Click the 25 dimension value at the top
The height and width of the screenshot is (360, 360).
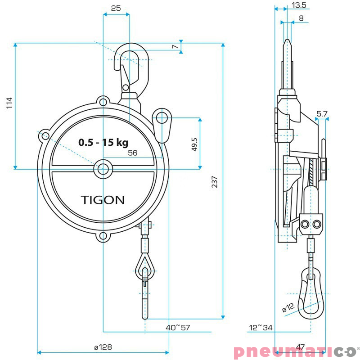[x=116, y=8]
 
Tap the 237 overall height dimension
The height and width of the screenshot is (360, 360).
[x=215, y=181]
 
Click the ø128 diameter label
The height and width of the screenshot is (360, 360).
[x=103, y=347]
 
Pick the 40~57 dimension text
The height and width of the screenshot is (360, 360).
[x=178, y=328]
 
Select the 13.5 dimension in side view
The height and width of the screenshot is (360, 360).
[x=299, y=5]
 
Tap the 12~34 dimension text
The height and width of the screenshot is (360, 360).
[x=261, y=328]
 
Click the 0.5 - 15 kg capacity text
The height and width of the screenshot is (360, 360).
[x=103, y=143]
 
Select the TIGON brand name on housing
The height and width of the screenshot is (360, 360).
[x=103, y=200]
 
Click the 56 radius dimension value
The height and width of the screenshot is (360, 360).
[x=133, y=153]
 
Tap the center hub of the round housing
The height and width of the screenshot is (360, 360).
[x=103, y=169]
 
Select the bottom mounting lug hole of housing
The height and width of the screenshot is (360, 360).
[x=103, y=236]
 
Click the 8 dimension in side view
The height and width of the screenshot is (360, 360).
[x=301, y=18]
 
